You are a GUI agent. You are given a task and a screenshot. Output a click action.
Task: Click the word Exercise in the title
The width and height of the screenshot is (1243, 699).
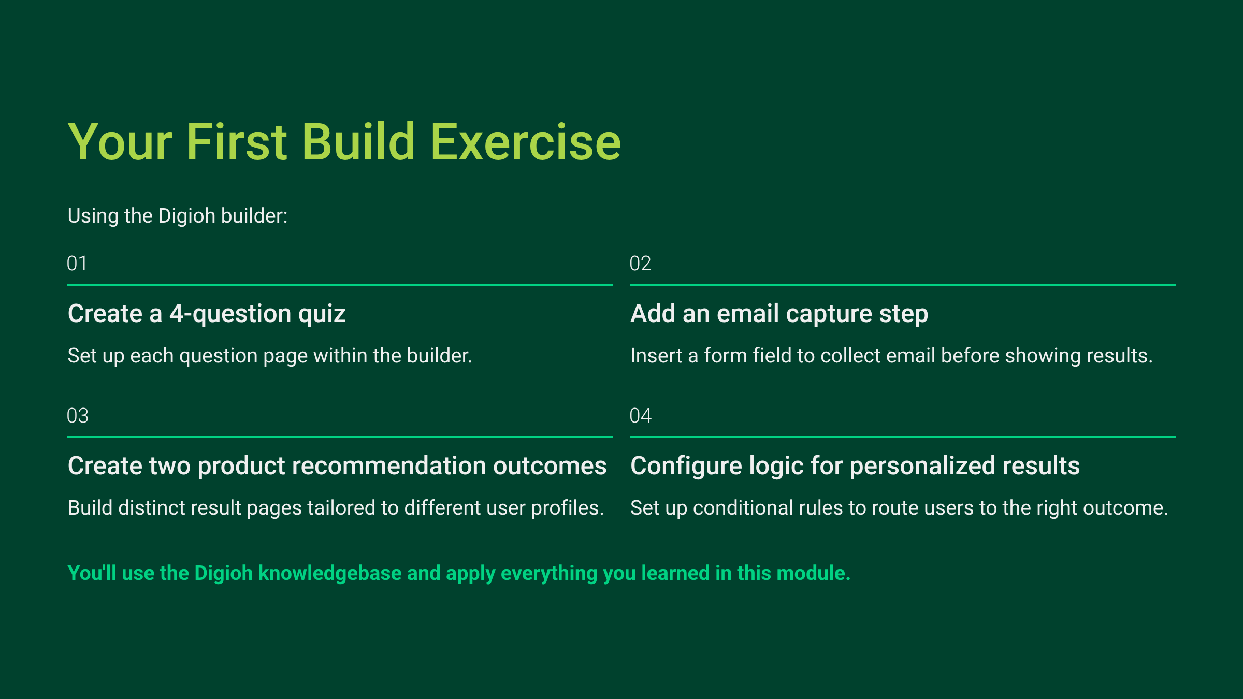(x=525, y=142)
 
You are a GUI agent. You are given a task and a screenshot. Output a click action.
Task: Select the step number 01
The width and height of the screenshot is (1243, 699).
(x=77, y=264)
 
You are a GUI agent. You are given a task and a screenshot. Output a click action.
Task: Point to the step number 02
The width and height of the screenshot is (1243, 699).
(x=640, y=264)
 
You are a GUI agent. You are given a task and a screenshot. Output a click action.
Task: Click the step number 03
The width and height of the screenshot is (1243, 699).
(x=78, y=416)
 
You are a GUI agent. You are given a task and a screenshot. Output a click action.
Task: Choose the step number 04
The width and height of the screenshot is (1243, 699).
(x=640, y=416)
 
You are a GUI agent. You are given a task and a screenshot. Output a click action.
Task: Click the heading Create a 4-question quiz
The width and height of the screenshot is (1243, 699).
(x=207, y=314)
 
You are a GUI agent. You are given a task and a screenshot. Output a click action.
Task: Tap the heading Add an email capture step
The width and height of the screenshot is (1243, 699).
(x=779, y=314)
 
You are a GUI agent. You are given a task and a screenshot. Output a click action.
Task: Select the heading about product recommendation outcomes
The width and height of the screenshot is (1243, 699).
(x=337, y=466)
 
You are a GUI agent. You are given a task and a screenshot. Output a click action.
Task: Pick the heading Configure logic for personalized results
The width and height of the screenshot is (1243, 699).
(x=855, y=466)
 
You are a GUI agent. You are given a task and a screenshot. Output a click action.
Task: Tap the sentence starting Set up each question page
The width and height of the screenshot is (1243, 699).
(x=270, y=356)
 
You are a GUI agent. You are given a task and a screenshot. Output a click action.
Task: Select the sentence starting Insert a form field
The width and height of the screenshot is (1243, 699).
(x=891, y=356)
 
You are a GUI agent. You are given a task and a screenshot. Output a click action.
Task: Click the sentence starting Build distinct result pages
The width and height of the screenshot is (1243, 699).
(x=336, y=508)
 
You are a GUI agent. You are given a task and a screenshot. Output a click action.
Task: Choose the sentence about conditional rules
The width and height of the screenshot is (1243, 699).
(x=899, y=508)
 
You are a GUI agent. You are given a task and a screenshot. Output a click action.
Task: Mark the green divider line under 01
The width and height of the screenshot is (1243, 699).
(x=340, y=285)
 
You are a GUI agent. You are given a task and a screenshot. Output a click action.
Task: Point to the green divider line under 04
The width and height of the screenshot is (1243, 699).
(x=903, y=437)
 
